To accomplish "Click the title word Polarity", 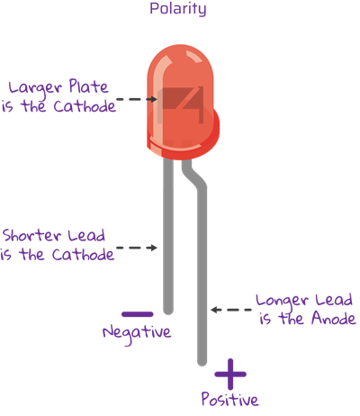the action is point(178,9).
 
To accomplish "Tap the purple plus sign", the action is point(230,374).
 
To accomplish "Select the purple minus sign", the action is point(138,314).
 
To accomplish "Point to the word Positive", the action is point(229,399).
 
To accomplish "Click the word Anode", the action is point(334,318).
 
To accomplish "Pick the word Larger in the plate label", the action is point(35,88).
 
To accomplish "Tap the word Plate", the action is point(88,86).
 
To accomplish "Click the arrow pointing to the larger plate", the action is point(137,99).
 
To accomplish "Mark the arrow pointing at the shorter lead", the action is point(137,248).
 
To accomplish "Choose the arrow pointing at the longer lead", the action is point(231,310).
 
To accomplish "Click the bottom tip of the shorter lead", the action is point(168,313).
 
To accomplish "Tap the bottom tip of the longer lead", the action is point(202,364).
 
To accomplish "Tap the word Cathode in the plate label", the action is point(85,106).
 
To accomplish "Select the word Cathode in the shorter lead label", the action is point(83,255).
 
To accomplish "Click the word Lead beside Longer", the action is point(329,300).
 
